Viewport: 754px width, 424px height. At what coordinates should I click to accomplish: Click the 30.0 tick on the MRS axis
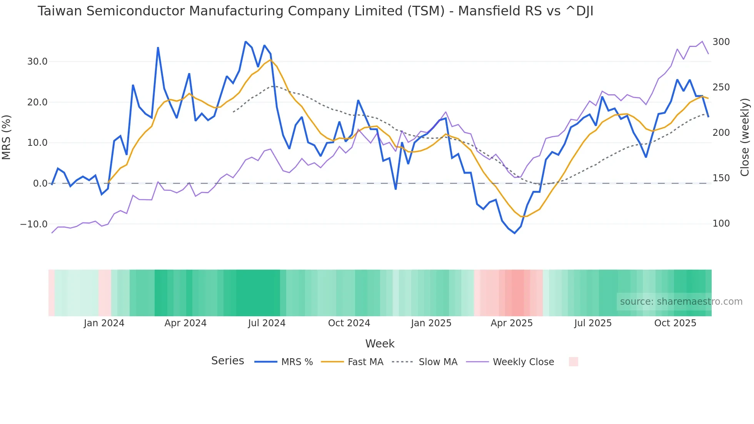[37, 62]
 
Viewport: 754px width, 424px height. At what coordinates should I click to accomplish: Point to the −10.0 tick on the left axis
[34, 224]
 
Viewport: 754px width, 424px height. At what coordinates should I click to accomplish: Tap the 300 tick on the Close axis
[721, 42]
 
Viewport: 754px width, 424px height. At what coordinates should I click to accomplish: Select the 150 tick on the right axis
[721, 178]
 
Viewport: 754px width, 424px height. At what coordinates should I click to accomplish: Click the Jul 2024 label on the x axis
[267, 323]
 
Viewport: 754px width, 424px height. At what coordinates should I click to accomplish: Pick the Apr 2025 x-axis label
[511, 323]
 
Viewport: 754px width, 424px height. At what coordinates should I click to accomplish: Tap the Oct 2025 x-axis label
[675, 323]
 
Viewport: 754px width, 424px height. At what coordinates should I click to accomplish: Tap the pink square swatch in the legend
[573, 362]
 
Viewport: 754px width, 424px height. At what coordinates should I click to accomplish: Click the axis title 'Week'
[380, 344]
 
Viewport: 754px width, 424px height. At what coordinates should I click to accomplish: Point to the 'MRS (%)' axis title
[7, 137]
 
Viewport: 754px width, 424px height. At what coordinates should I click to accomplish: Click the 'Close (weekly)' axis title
[745, 137]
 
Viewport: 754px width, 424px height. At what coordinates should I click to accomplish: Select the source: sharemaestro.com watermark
[681, 302]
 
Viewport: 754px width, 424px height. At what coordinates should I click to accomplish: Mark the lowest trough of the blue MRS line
[514, 233]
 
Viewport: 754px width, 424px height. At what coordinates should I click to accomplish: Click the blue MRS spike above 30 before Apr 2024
[158, 48]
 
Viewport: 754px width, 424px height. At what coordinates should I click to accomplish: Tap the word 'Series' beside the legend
[227, 361]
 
